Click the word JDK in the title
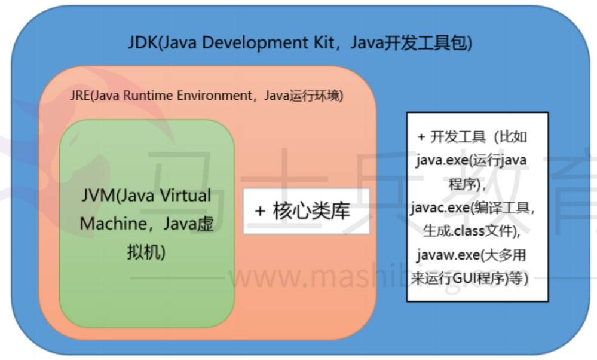tap(141, 43)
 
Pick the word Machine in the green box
tap(109, 224)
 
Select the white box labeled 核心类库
tap(306, 211)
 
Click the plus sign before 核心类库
tap(260, 212)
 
